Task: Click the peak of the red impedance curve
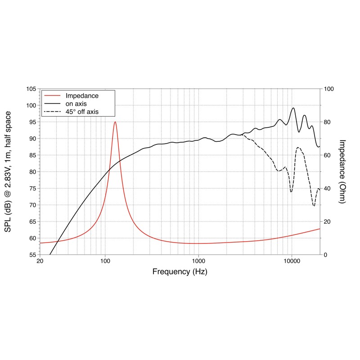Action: tap(115, 122)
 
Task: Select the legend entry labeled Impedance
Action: tap(82, 96)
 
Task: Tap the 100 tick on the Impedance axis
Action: tap(329, 89)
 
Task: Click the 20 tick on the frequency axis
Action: tap(40, 261)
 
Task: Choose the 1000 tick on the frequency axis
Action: tap(198, 261)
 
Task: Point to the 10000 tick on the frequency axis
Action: tap(292, 261)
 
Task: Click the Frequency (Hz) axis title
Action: tap(180, 272)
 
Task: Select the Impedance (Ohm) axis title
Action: tap(342, 171)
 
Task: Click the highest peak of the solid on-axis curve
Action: tap(293, 108)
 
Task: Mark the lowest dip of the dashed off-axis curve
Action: tap(314, 206)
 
